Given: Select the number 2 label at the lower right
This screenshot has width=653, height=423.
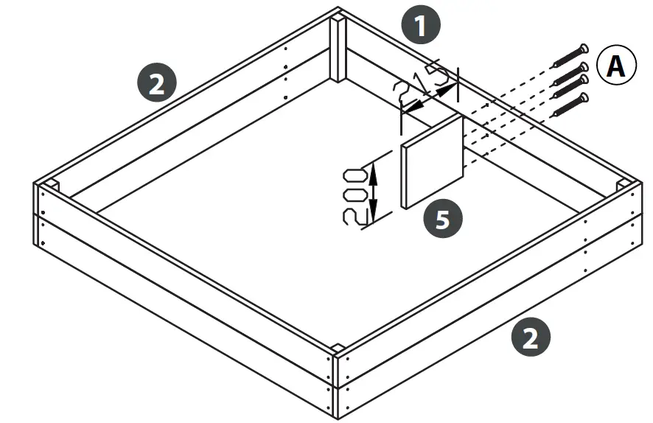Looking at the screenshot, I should click(530, 338).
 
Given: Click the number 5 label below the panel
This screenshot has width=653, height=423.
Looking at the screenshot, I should click(441, 219).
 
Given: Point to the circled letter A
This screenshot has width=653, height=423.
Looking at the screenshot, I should click(615, 66).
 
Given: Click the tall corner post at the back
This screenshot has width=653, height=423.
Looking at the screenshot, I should click(338, 48).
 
